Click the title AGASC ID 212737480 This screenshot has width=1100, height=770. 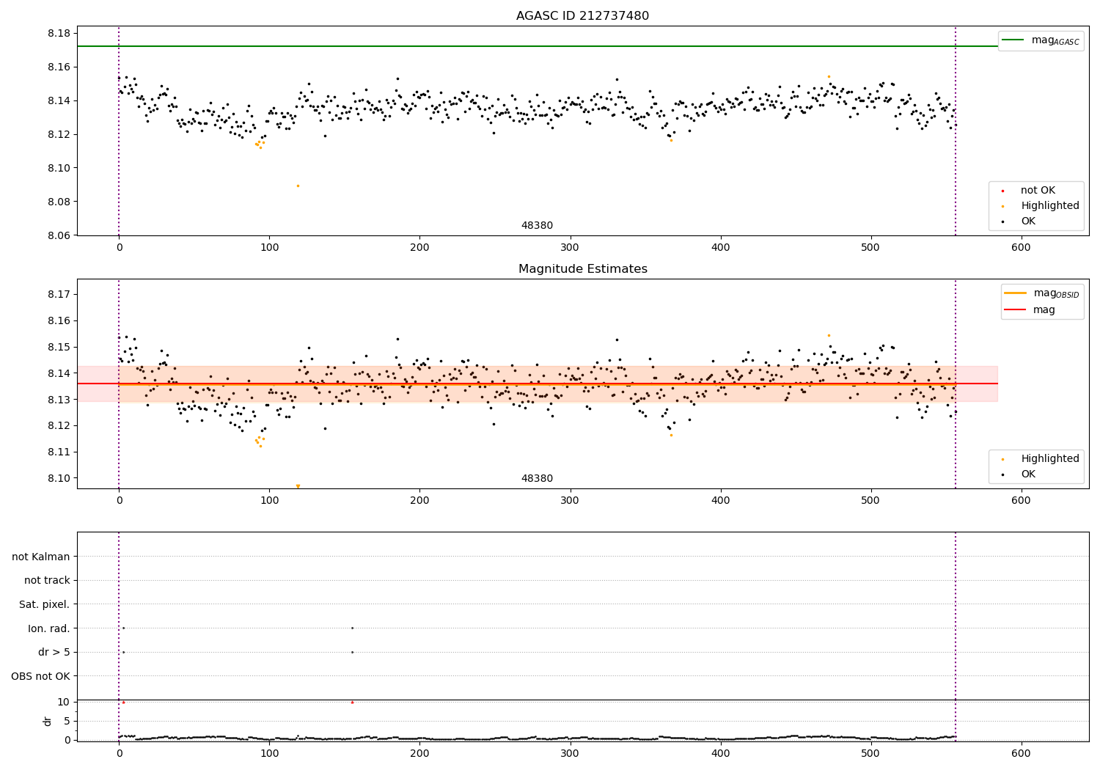coord(582,16)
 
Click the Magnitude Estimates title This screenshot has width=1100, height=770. coord(582,269)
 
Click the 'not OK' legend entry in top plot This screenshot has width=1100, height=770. coord(1038,191)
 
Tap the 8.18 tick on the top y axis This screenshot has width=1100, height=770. coord(59,34)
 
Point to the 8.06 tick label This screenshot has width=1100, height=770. coord(59,235)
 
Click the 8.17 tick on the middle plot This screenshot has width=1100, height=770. coord(59,295)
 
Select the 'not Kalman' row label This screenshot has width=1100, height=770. coord(41,557)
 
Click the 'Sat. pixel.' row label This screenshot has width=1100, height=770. coord(45,605)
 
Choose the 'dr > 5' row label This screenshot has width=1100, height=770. coord(54,653)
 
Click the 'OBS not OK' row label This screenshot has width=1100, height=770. coord(41,677)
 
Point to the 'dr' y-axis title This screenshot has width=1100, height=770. coord(48,721)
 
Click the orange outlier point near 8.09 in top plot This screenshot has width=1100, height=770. coord(298,186)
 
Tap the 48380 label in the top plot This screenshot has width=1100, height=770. coord(537,226)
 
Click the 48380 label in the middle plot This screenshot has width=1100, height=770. coord(537,479)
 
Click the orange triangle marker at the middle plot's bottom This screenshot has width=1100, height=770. coord(298,486)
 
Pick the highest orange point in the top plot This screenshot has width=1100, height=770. coord(829,76)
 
